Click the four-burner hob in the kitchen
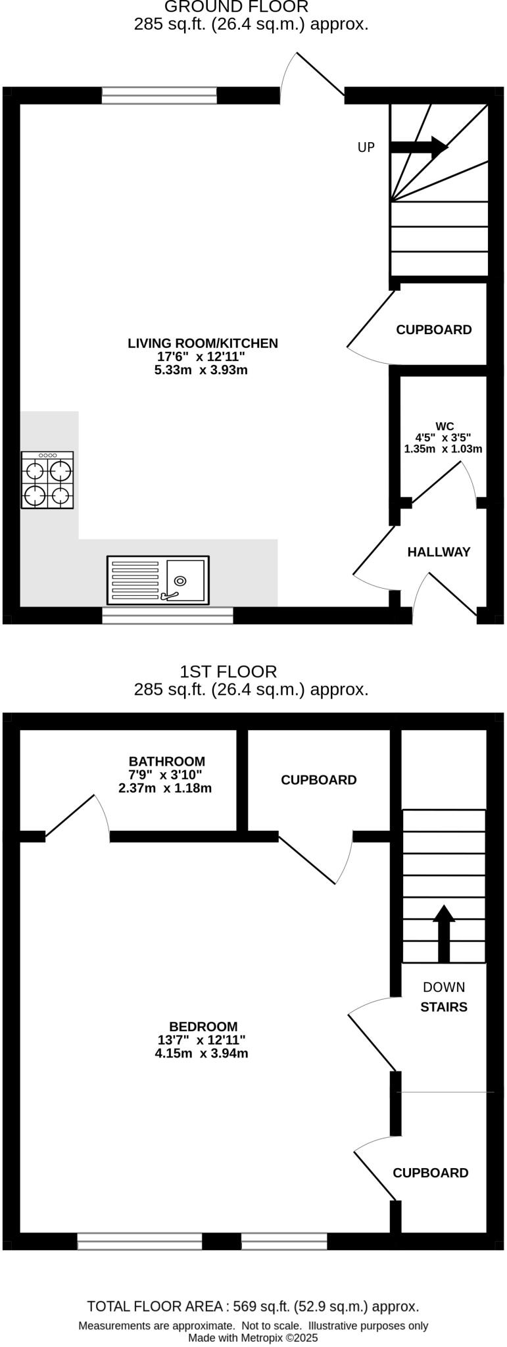pos(47,479)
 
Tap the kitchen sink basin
pos(185,579)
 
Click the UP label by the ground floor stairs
pos(366,147)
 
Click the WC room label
pos(444,426)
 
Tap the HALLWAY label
pos(439,552)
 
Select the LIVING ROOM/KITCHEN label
pos(203,343)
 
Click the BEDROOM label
pos(203,1026)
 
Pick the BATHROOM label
pos(166,762)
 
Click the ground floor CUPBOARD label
pos(433,330)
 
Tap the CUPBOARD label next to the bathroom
pos(318,779)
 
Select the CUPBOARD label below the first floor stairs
pos(430,1173)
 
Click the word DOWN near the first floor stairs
pos(444,987)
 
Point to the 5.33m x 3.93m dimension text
pos(201,370)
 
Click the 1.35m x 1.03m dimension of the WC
pos(443,449)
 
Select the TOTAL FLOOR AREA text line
pos(253,1306)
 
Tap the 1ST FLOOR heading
pos(228,672)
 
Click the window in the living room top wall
pos(159,95)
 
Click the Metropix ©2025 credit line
pos(253,1337)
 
